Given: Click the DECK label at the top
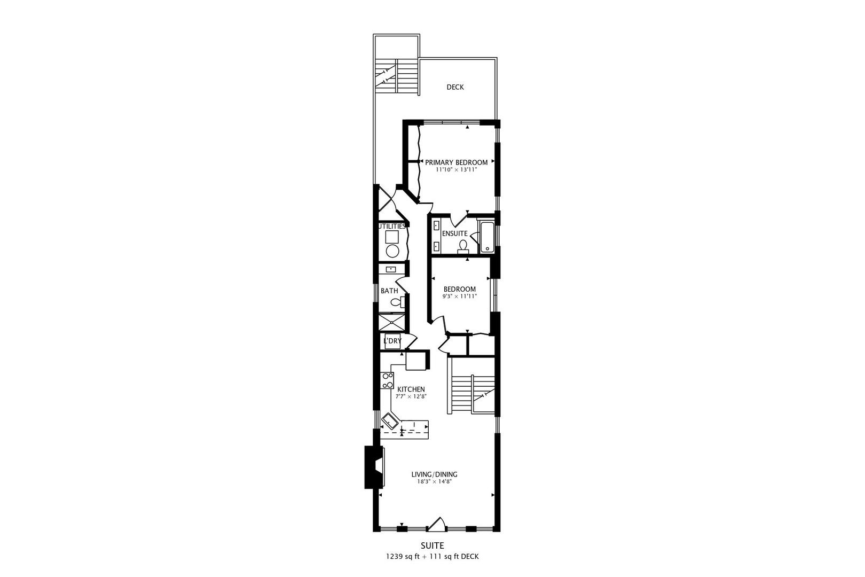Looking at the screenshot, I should click(x=455, y=87).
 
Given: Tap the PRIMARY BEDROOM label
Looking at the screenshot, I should click(x=456, y=162).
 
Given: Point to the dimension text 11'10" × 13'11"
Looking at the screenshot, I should click(x=456, y=169).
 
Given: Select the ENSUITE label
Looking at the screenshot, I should click(x=454, y=233).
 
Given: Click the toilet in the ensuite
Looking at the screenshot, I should click(x=463, y=246).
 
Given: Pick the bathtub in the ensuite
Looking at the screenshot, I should click(x=487, y=237).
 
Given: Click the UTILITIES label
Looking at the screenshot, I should click(x=391, y=226).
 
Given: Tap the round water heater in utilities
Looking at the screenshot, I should click(x=392, y=251).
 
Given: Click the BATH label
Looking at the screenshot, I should click(x=389, y=291).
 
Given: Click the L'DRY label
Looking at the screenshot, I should click(x=392, y=341).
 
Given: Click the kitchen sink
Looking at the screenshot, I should click(x=389, y=421).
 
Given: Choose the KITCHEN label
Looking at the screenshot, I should click(x=411, y=389).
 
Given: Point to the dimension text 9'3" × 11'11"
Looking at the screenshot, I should click(x=460, y=296).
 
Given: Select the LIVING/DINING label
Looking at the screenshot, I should click(x=434, y=474).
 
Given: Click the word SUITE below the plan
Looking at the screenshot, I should click(x=432, y=545).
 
